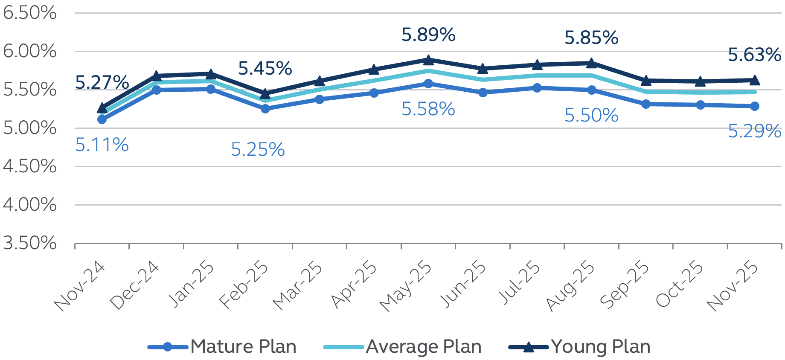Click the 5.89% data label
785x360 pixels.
click(x=428, y=35)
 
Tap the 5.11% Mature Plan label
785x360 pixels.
click(x=102, y=145)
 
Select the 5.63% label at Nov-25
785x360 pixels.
click(x=754, y=55)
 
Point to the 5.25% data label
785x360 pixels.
click(x=258, y=150)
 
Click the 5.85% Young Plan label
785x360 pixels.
click(x=591, y=38)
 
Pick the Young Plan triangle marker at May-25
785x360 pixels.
click(x=428, y=60)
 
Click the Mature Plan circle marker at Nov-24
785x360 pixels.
click(x=102, y=119)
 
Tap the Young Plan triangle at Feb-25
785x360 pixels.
click(x=265, y=93)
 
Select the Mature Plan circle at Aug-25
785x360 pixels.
click(x=591, y=90)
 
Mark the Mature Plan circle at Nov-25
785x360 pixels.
click(x=754, y=106)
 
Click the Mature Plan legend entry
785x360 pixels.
click(x=222, y=347)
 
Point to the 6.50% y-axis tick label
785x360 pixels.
click(x=29, y=13)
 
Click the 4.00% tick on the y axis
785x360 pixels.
click(x=29, y=205)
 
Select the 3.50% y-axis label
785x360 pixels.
click(x=29, y=243)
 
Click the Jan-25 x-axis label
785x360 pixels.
click(x=192, y=285)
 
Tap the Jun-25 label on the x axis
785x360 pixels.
click(x=463, y=285)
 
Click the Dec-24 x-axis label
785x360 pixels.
click(x=134, y=286)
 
